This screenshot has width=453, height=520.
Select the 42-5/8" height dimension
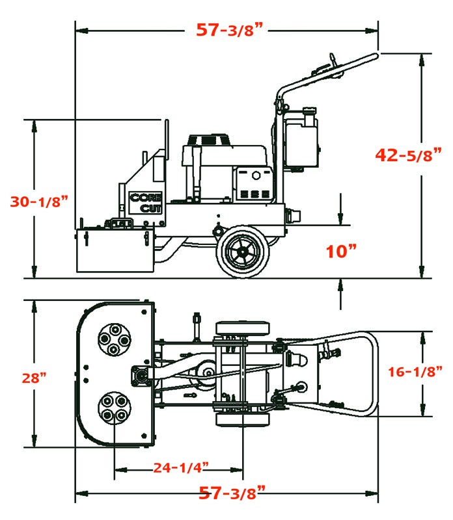coord(408,155)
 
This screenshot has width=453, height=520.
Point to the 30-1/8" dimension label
coord(38,201)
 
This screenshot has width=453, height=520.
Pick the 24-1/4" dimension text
coord(180,467)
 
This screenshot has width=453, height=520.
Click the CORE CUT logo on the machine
coord(147,202)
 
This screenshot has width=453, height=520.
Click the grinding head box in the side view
coord(115,250)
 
